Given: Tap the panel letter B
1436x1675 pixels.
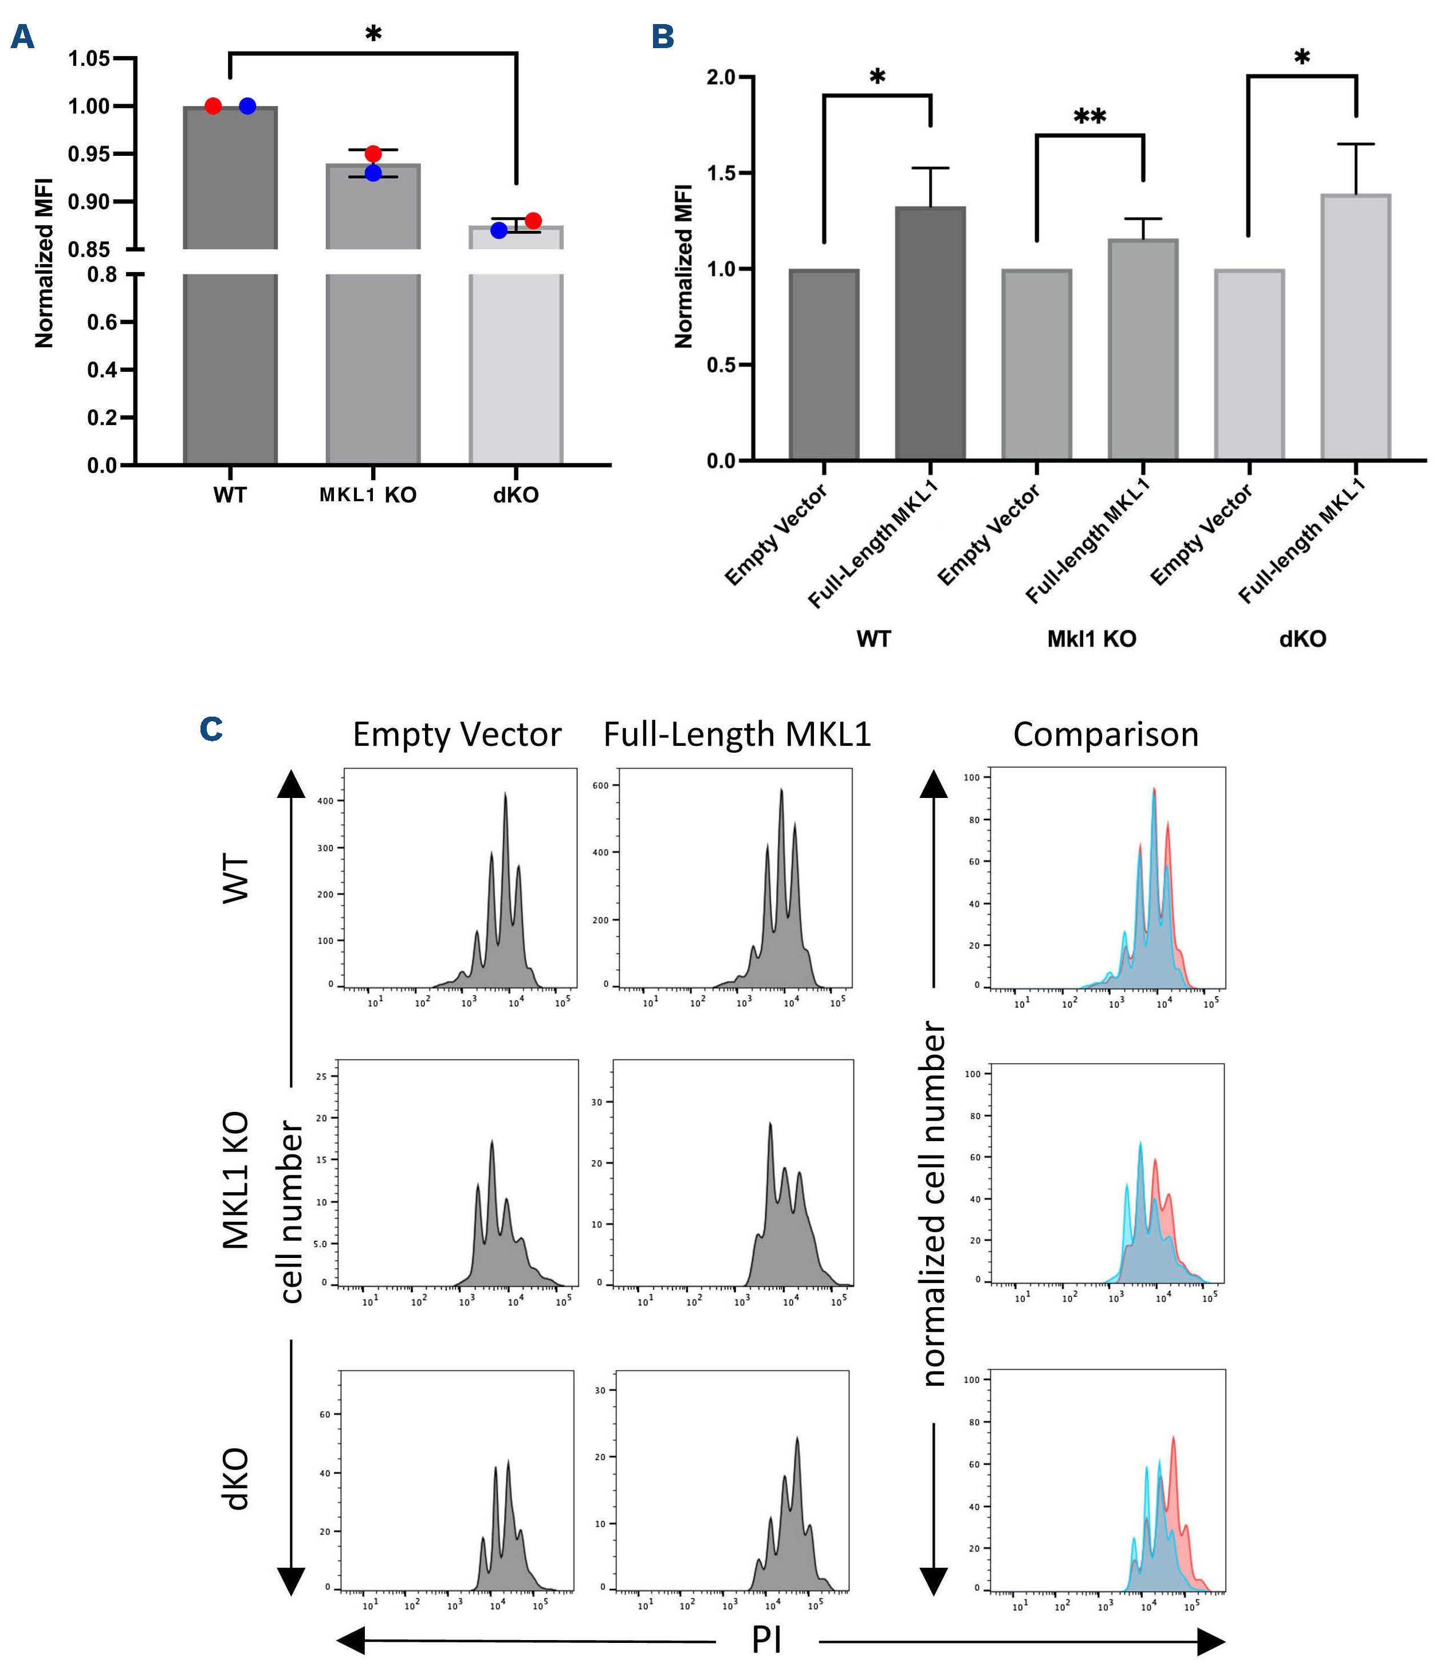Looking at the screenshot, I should click(x=663, y=37).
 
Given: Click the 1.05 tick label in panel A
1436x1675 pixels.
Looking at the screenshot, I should click(x=89, y=58).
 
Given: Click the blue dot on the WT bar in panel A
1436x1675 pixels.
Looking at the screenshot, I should click(x=247, y=106).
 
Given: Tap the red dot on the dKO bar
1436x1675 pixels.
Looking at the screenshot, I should click(x=533, y=221).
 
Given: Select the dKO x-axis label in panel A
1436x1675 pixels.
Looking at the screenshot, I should click(x=516, y=495).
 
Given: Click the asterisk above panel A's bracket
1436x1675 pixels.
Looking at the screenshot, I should click(x=372, y=34).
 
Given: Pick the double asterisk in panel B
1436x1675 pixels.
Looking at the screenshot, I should click(x=1089, y=117).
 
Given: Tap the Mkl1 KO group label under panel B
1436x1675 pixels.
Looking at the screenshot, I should click(x=1091, y=639).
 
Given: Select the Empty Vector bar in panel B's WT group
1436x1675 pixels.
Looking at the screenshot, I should click(x=824, y=364).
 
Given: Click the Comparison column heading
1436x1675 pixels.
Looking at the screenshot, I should click(x=1105, y=734).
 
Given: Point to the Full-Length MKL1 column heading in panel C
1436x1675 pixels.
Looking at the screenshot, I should click(x=737, y=734).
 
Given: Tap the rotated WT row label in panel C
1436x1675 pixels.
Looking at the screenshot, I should click(x=235, y=879).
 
